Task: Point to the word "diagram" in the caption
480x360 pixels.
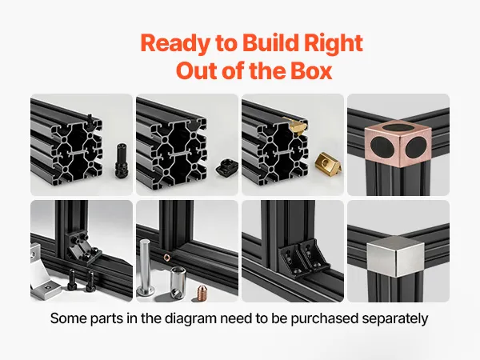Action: [190, 318]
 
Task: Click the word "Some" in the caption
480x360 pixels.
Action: [68, 318]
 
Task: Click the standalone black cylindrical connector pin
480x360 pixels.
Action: [121, 161]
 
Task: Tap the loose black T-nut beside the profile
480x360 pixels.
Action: [226, 167]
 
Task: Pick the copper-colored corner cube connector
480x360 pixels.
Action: [398, 143]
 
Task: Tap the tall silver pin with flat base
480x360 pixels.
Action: [144, 266]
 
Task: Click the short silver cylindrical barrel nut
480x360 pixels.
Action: [178, 282]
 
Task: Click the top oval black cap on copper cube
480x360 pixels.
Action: [398, 128]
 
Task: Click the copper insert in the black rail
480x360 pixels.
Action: [167, 257]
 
